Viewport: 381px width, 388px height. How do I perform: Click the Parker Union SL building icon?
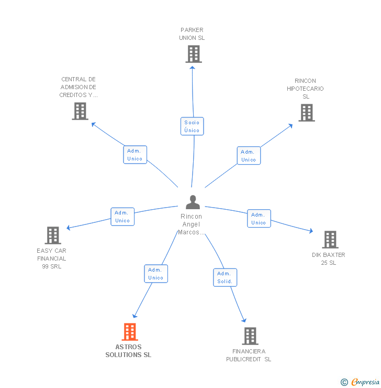[x=193, y=54]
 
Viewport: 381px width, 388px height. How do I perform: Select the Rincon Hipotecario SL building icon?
[x=307, y=112]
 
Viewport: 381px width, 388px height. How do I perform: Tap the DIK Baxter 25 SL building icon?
[x=330, y=239]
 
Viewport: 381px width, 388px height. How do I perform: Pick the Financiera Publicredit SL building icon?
[x=250, y=336]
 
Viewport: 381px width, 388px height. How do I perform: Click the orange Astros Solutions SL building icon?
[x=129, y=331]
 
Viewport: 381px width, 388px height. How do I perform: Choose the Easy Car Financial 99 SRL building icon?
[x=53, y=235]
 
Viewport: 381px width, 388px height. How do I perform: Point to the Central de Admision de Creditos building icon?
[x=80, y=111]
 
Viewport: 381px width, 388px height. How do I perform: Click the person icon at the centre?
[x=193, y=202]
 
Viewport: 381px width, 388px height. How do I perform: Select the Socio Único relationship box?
[x=192, y=126]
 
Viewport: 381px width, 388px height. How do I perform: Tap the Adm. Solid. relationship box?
[x=225, y=277]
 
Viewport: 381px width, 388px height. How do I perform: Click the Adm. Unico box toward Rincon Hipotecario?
[x=249, y=155]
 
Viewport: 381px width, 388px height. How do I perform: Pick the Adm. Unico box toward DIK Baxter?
[x=259, y=218]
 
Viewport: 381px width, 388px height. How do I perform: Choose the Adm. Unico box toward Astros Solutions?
[x=155, y=274]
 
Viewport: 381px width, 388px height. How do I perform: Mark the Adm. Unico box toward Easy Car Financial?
[x=122, y=217]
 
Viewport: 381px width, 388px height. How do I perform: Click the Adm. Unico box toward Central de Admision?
[x=135, y=154]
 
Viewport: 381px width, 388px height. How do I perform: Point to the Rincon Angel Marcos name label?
[x=191, y=224]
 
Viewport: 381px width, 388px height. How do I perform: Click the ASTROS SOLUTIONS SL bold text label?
[x=128, y=351]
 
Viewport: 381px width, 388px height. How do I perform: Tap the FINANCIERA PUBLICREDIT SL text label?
[x=249, y=355]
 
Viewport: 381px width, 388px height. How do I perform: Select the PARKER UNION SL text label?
[x=192, y=34]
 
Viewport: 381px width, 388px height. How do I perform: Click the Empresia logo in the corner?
[x=361, y=382]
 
